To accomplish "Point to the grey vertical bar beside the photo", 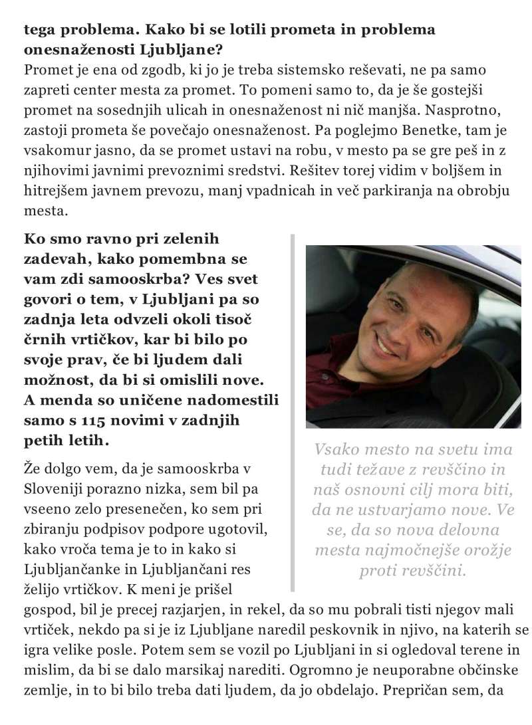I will (x=293, y=412).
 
